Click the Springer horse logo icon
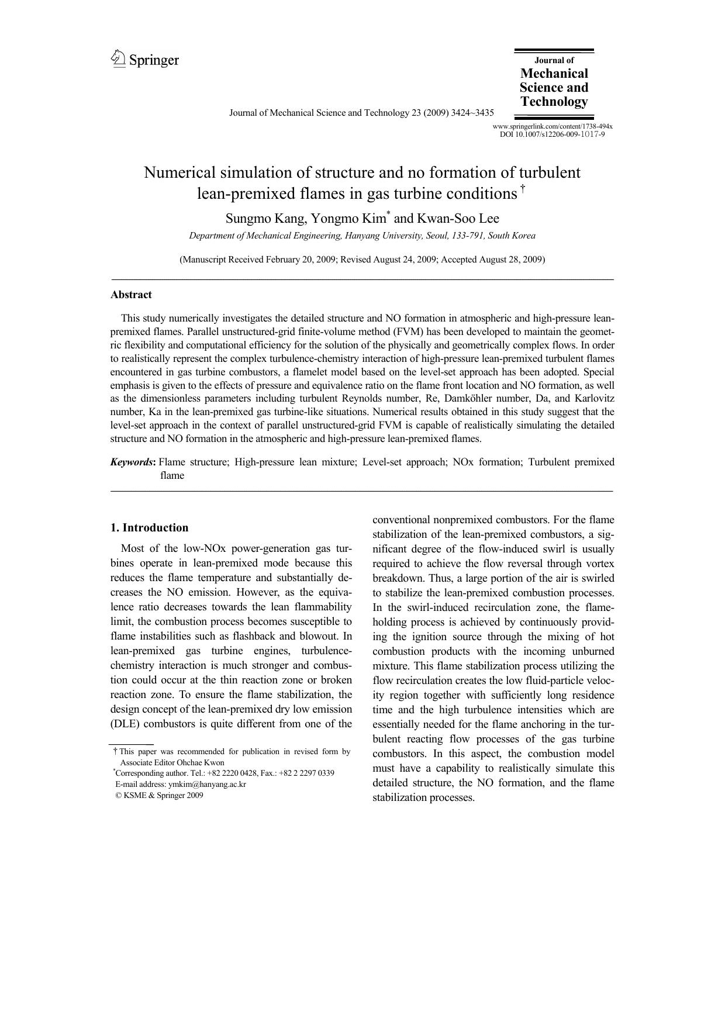(118, 59)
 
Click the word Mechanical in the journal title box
(554, 74)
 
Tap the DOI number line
(552, 134)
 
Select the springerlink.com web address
(552, 126)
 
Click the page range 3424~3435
(472, 113)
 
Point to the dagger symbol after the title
(523, 188)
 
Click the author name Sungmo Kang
(265, 219)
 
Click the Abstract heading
(131, 295)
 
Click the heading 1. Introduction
(149, 528)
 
